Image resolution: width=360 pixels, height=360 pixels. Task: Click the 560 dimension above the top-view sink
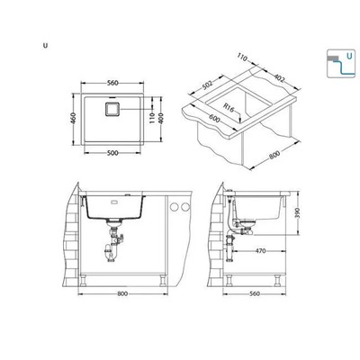pyautogui.click(x=112, y=83)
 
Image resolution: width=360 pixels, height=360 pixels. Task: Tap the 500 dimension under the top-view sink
pyautogui.click(x=112, y=153)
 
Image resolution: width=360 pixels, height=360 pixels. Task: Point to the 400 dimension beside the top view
pyautogui.click(x=161, y=118)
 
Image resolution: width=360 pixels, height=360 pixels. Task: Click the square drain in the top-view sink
pyautogui.click(x=112, y=109)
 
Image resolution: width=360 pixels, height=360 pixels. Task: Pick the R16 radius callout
pyautogui.click(x=229, y=108)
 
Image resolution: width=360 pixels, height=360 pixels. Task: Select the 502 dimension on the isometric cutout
pyautogui.click(x=207, y=85)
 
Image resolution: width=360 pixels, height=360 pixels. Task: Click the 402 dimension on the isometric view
pyautogui.click(x=279, y=78)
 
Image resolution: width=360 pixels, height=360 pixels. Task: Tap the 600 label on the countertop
pyautogui.click(x=214, y=119)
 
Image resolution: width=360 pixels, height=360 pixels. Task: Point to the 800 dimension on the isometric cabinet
pyautogui.click(x=274, y=154)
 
